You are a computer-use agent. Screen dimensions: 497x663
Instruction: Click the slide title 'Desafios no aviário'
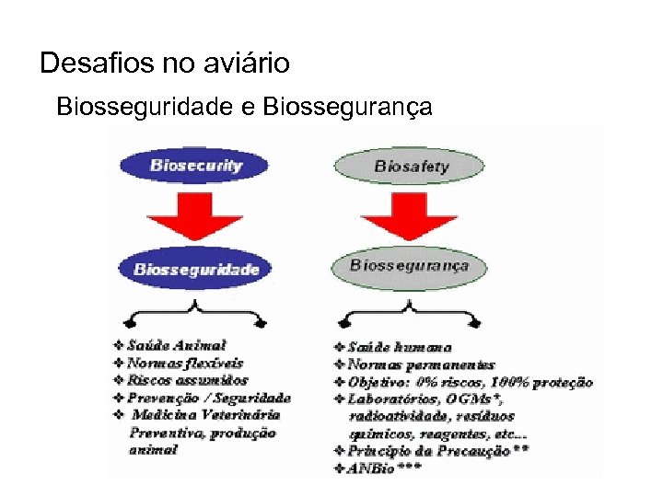click(x=165, y=64)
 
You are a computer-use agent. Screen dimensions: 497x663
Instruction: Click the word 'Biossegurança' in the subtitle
click(x=347, y=107)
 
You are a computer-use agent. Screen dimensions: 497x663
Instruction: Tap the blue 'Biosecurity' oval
click(x=195, y=167)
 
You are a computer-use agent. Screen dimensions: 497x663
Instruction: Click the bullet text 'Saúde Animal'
click(x=176, y=345)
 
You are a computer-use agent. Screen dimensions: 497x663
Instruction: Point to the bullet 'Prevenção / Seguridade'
click(x=208, y=398)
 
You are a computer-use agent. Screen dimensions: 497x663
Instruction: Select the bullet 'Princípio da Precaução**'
click(x=437, y=451)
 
